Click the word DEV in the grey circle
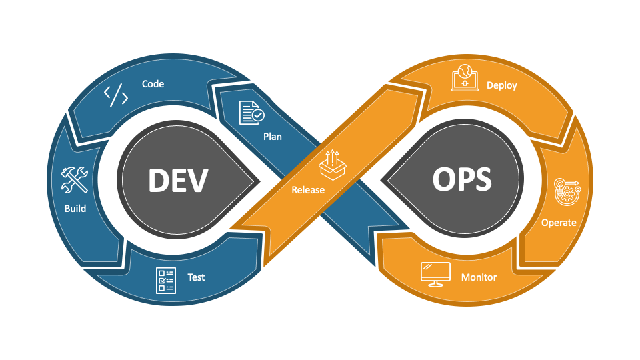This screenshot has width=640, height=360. [x=178, y=180]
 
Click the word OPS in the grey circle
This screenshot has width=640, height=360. [x=462, y=180]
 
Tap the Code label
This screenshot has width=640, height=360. [x=153, y=84]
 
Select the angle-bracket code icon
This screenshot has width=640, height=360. [x=116, y=96]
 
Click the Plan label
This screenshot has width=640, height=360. [x=272, y=137]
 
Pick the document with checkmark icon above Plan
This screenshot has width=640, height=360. [x=251, y=113]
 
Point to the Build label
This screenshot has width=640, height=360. [x=75, y=208]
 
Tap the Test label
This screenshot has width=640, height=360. [x=196, y=277]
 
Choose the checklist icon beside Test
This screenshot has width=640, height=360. [x=165, y=280]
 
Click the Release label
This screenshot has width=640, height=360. [x=308, y=190]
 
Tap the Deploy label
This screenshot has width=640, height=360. [x=502, y=85]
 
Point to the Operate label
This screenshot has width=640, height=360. [x=559, y=223]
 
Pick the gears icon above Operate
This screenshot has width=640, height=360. [x=567, y=192]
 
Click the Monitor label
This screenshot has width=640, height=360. [x=479, y=277]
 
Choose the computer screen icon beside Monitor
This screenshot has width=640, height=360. [x=435, y=274]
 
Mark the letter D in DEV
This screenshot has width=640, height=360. [x=158, y=180]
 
